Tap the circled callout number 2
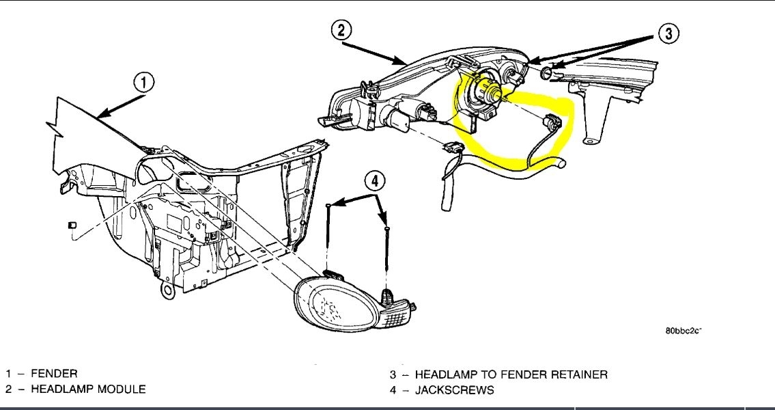[x=341, y=30]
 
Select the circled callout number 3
[x=669, y=34]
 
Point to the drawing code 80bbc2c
[x=684, y=331]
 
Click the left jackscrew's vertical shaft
[x=329, y=236]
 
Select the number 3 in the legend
[x=393, y=374]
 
